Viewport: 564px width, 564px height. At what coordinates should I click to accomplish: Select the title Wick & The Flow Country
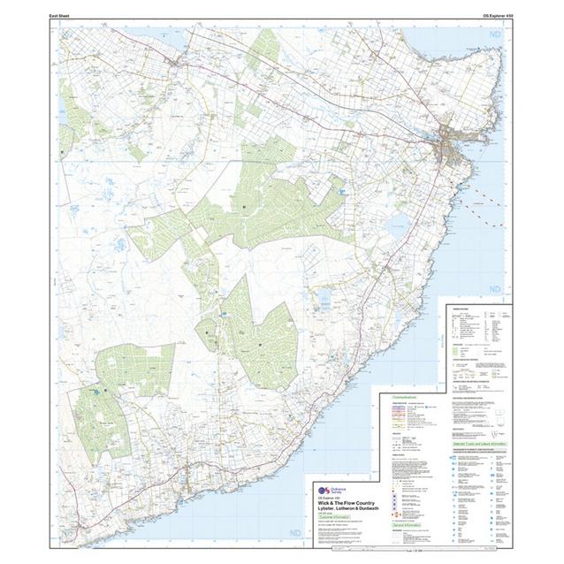[344, 503]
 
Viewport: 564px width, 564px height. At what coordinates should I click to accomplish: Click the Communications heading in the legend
[404, 397]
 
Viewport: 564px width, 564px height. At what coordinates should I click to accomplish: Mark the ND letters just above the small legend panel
[494, 289]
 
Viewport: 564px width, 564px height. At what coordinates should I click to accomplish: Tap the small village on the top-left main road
[180, 64]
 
